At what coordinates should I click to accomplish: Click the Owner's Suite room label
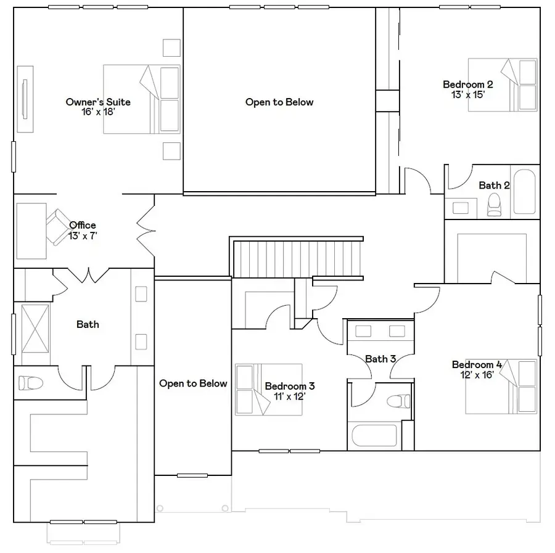98,102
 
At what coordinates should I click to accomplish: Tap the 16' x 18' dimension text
98,112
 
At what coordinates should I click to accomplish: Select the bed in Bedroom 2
502,85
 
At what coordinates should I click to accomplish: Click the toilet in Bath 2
495,205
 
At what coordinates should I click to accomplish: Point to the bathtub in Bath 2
525,191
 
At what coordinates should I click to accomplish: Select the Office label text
83,225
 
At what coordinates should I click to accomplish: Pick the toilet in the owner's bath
30,383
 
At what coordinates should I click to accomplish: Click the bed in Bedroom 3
268,389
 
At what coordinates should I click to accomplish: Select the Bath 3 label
380,359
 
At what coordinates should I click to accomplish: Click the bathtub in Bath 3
374,436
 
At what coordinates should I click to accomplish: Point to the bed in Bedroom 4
501,387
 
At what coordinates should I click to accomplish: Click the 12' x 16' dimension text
477,375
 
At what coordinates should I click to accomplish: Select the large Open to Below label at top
279,102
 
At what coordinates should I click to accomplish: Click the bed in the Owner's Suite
141,99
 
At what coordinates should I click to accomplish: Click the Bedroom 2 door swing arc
418,180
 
